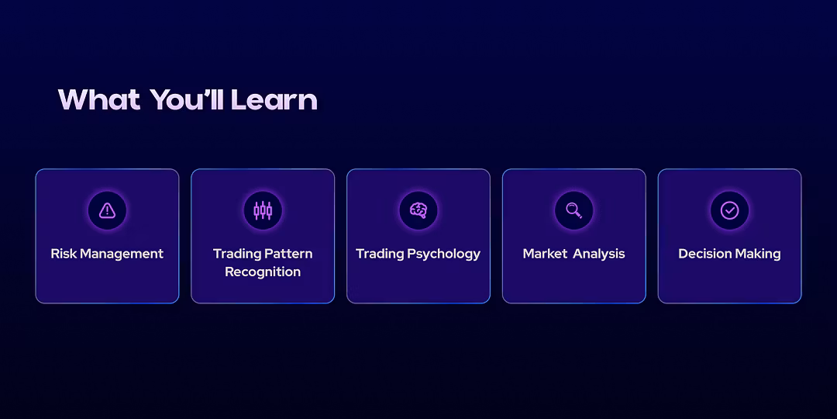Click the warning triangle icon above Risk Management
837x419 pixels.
107,210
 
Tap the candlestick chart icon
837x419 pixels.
263,210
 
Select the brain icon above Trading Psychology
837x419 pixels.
418,210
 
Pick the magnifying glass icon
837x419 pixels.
573,210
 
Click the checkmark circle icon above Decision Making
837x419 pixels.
729,210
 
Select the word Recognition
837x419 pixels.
263,272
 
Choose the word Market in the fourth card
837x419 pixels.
545,253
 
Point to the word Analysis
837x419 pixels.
599,254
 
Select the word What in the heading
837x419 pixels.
98,99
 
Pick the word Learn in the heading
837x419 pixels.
274,99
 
